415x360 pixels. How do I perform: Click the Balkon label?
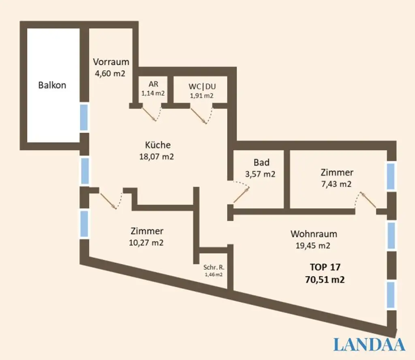52,85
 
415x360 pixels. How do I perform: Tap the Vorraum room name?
111,62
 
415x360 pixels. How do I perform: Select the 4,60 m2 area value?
109,74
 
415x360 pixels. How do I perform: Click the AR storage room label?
153,84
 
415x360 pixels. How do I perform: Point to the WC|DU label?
201,87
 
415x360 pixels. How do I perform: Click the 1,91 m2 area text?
201,96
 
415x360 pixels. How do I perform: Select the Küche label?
158,145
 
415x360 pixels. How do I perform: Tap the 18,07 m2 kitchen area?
156,157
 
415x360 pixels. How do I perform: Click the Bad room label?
261,163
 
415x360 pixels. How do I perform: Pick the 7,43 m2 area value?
336,184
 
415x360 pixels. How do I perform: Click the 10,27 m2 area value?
146,243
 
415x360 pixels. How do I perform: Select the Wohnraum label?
314,234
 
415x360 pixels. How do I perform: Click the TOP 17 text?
325,267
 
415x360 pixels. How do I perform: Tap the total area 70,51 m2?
325,279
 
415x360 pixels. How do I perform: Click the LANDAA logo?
369,345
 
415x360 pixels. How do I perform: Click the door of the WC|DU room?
200,115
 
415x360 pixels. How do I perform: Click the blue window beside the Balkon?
83,117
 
